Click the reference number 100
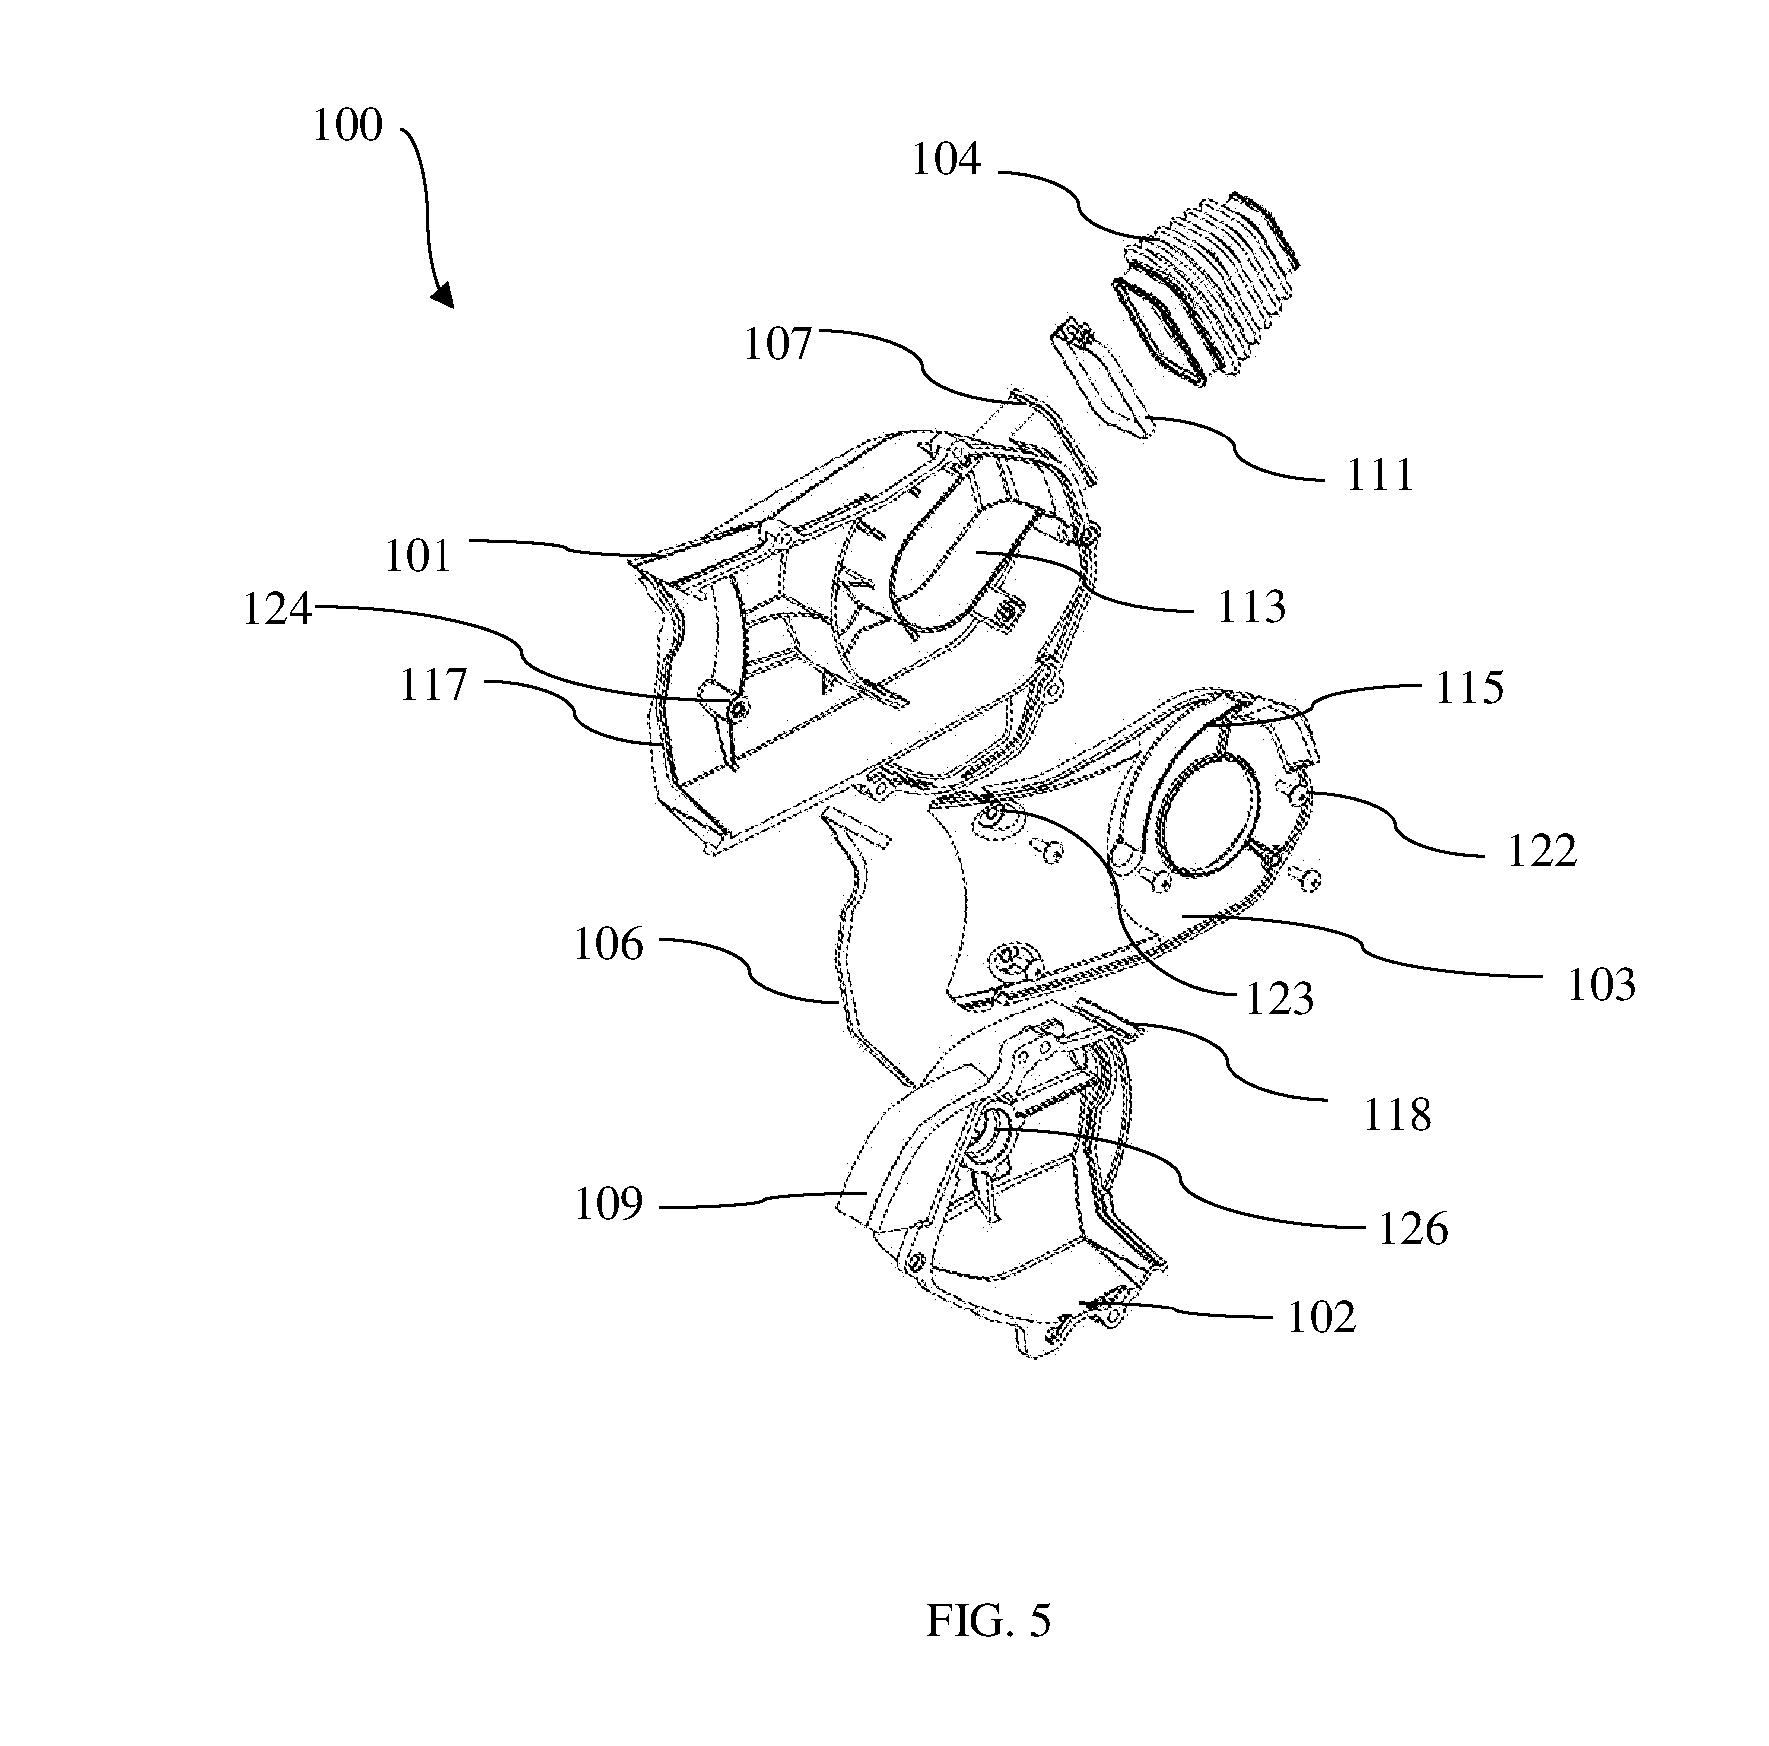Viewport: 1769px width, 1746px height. point(348,127)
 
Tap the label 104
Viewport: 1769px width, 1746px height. point(946,160)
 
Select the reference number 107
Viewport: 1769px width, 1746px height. point(778,345)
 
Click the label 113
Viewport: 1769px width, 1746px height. point(1251,606)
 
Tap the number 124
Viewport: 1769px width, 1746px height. point(278,609)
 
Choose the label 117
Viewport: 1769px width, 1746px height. point(434,686)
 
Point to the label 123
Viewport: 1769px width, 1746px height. point(1279,998)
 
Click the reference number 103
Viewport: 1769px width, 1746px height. point(1601,984)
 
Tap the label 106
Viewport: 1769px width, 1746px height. point(609,944)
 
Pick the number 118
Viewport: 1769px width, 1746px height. point(1397,1114)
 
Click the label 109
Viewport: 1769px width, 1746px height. point(609,1205)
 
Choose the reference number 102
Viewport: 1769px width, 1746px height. point(1322,1318)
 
